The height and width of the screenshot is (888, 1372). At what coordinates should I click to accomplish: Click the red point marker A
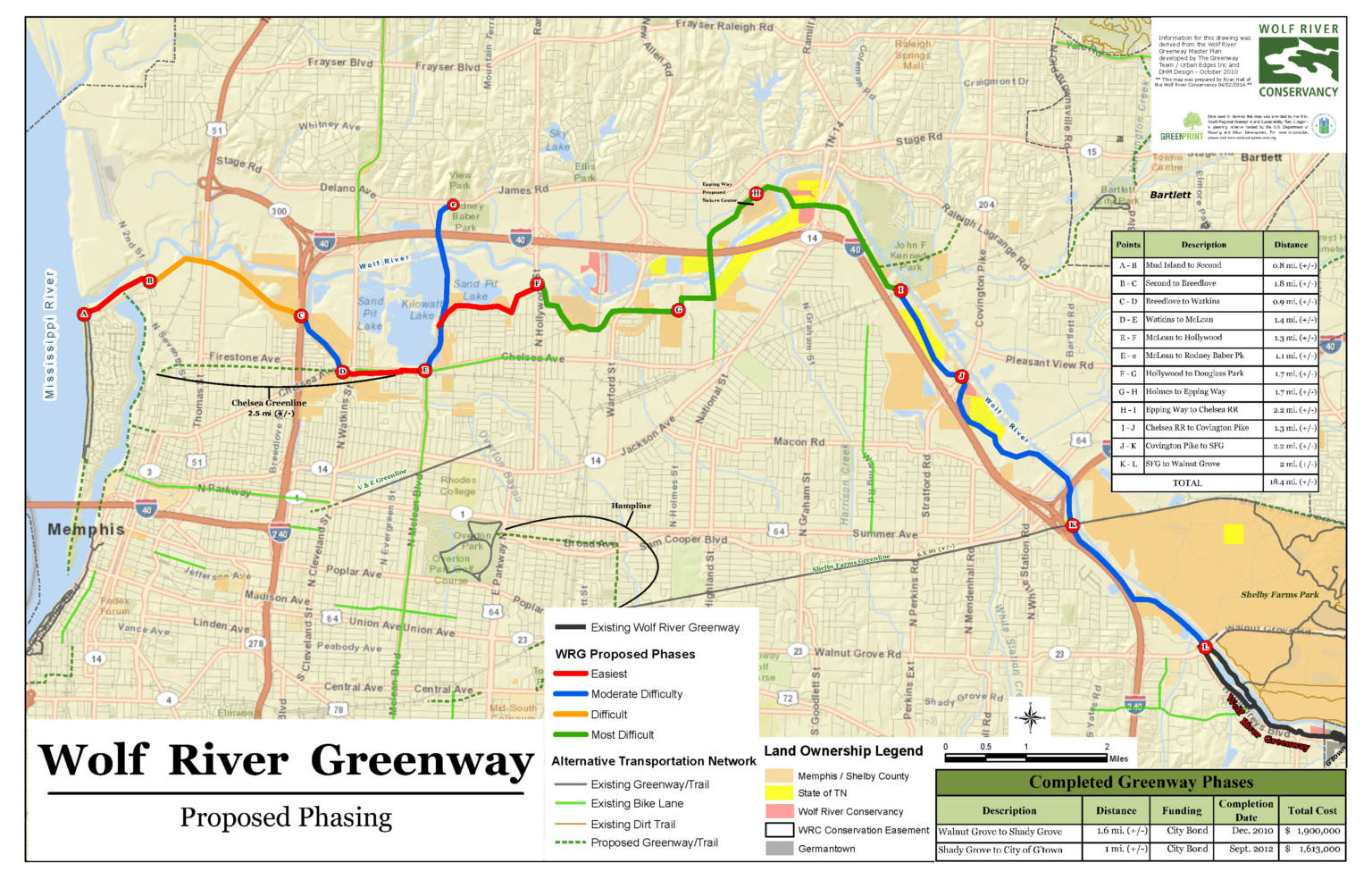84,314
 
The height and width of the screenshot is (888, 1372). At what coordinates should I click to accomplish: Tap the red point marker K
1073,525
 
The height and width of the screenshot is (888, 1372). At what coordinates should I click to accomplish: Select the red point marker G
678,310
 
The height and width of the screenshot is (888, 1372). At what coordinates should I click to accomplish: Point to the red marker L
1204,647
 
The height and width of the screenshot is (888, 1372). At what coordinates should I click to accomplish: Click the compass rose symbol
1030,716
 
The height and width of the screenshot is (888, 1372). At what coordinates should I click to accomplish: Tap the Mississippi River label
50,334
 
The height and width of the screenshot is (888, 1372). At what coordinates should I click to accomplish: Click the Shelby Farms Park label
1279,594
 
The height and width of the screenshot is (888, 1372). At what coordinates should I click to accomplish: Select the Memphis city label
86,530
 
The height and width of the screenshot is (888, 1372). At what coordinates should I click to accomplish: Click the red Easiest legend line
570,674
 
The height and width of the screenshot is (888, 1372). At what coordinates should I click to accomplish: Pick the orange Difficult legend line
570,714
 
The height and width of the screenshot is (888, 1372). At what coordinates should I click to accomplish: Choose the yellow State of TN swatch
779,792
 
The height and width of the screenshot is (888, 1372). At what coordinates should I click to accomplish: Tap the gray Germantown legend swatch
779,849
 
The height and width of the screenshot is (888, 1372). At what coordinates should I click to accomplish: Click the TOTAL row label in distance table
1186,482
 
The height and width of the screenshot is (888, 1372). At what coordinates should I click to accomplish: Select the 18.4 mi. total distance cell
1292,482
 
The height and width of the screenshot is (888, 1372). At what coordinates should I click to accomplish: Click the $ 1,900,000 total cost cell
1312,831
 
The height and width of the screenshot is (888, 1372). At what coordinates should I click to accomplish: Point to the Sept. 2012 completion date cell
1246,849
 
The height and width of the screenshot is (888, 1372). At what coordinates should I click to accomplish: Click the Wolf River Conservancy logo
1298,61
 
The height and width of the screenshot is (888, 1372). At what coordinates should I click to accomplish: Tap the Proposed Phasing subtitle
286,817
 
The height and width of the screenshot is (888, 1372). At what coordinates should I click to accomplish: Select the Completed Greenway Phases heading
1140,782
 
